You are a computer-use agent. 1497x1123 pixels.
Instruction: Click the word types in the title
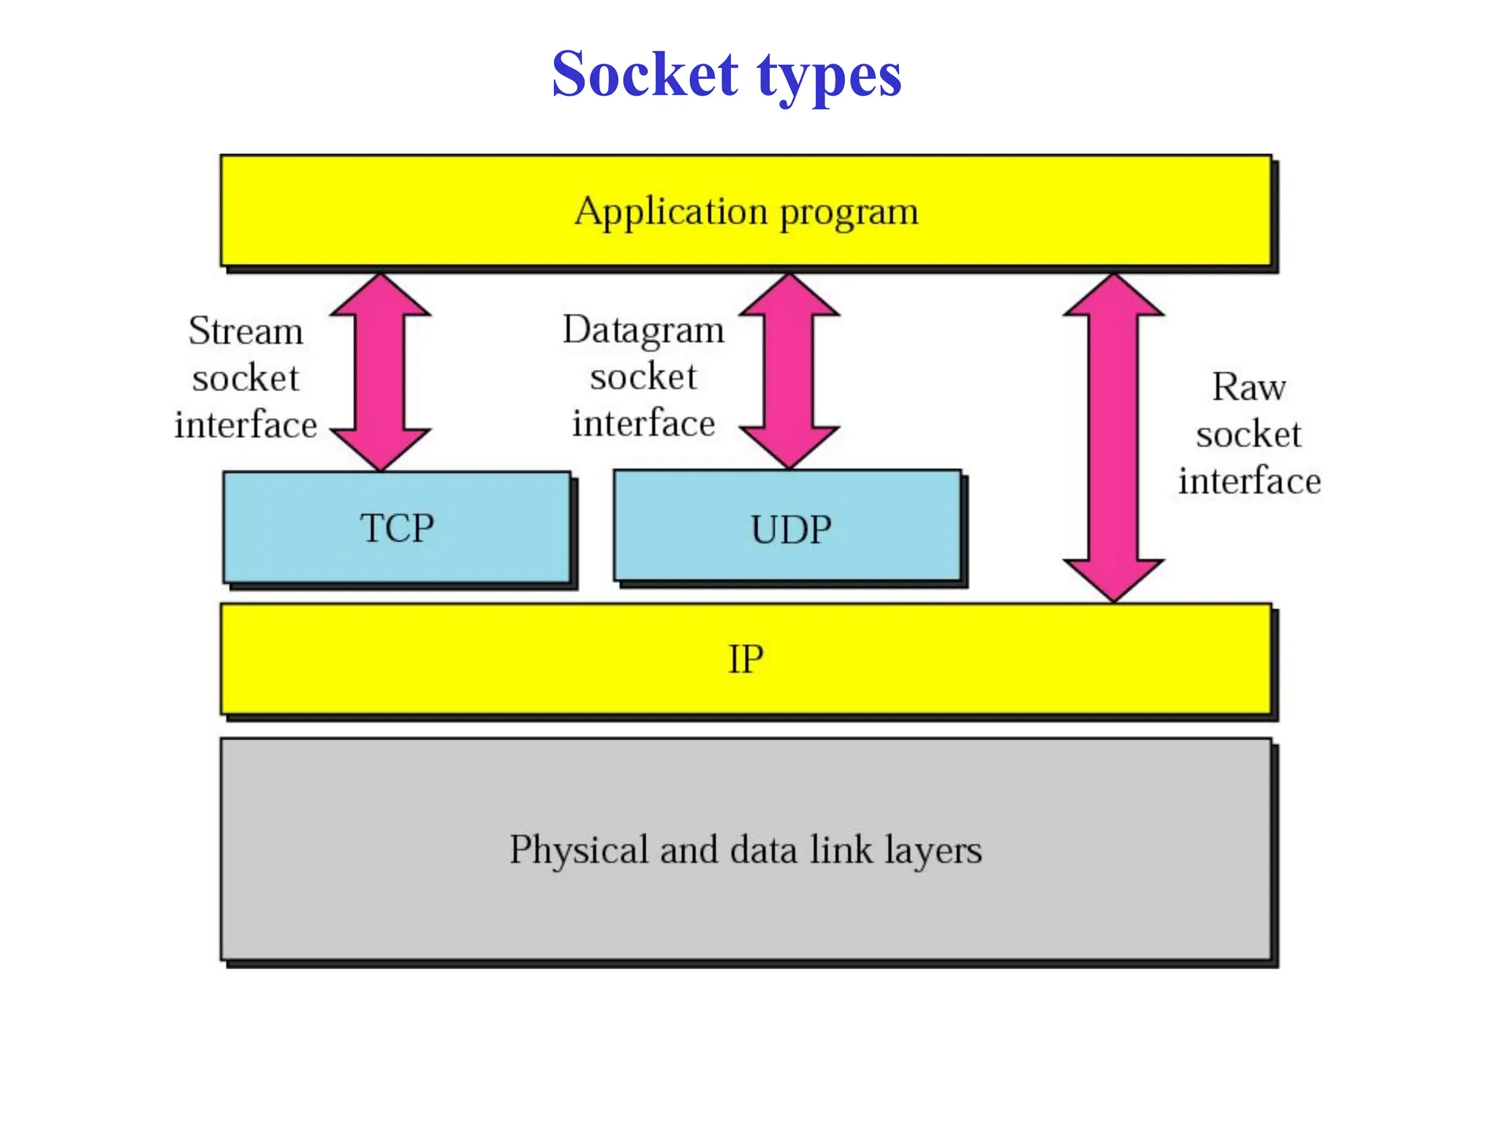coord(829,77)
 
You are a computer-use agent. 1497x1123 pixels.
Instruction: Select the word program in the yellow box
coord(849,213)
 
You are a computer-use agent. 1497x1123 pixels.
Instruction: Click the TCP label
coord(396,528)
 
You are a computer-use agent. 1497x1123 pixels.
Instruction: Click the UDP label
coord(791,530)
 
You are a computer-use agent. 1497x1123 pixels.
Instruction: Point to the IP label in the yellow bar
coord(746,659)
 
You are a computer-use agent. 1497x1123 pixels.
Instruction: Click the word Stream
coord(246,330)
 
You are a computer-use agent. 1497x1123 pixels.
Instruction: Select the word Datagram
coord(643,330)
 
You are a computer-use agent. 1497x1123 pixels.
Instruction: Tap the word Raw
coord(1248,387)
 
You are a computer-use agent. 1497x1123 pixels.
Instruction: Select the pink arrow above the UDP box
coord(789,371)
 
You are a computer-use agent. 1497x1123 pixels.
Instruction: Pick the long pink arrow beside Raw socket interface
coord(1113,439)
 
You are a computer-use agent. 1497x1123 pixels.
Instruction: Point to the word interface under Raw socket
coord(1249,481)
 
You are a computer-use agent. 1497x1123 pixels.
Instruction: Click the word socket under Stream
coord(246,378)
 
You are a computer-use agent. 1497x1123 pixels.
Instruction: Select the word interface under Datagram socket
coord(643,424)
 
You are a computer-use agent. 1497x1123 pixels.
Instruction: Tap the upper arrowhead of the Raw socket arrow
coord(1113,296)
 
